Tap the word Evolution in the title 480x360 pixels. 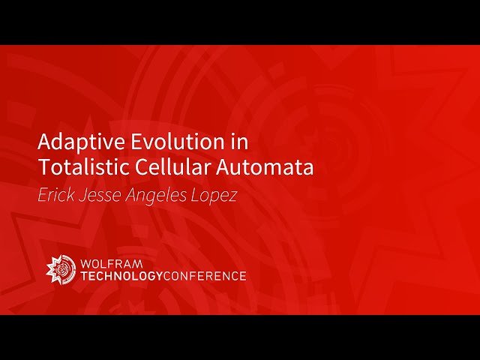tap(166, 142)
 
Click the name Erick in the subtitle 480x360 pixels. tap(56, 195)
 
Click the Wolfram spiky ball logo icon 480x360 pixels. tap(61, 269)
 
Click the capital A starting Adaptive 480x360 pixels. tap(43, 142)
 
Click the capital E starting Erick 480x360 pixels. tap(42, 195)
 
